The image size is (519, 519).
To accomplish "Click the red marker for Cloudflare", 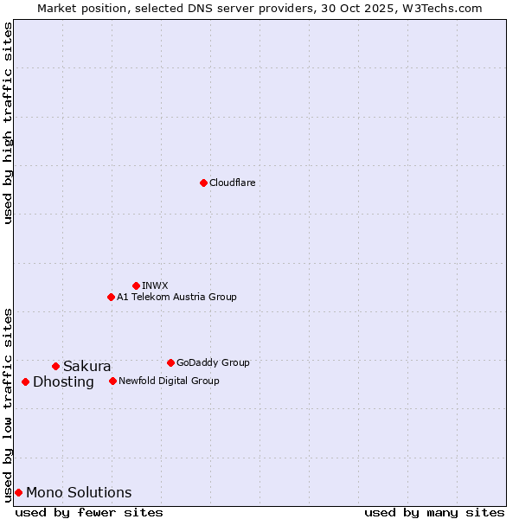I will point(203,183).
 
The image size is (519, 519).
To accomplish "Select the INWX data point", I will point(136,285).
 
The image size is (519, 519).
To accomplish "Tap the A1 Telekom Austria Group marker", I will point(111,297).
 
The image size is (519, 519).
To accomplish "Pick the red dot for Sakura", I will point(55,366).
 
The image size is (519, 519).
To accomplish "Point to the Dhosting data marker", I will point(25,381).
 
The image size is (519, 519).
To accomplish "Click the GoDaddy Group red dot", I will point(170,362).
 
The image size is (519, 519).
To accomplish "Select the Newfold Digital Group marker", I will point(112,381).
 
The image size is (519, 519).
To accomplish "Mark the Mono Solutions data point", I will point(18,492).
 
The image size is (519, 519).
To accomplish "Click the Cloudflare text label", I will point(232,183).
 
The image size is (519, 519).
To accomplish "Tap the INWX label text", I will point(155,285).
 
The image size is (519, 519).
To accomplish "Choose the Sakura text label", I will point(86,366).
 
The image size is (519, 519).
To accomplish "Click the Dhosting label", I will point(63,382).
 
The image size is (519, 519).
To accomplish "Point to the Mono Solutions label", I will point(79,493).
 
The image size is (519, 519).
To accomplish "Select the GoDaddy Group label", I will point(213,362).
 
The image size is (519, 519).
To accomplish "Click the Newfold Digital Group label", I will point(169,381).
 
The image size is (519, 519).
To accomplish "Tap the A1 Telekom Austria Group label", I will point(176,297).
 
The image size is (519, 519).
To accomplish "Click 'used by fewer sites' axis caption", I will point(89,512).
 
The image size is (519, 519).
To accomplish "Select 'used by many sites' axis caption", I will point(434,512).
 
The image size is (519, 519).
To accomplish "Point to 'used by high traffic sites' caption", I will point(8,122).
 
